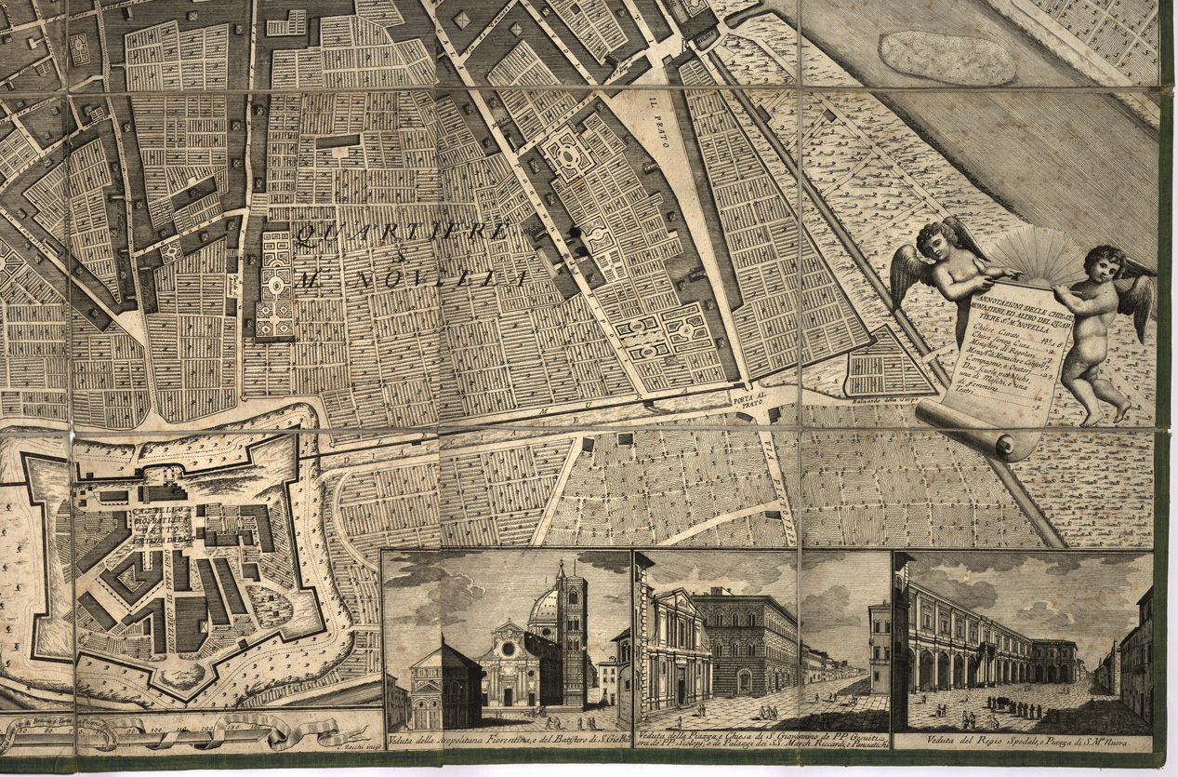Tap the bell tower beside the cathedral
(573, 633)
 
